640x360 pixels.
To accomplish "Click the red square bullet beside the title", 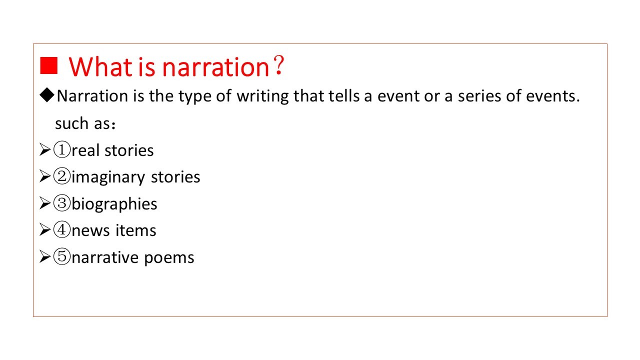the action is pyautogui.click(x=49, y=65).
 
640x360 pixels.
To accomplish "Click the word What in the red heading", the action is pyautogui.click(x=100, y=67).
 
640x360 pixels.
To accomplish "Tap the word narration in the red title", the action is pyautogui.click(x=216, y=67).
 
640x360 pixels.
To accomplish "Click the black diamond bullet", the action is pyautogui.click(x=47, y=95).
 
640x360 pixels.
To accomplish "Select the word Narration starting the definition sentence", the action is pyautogui.click(x=92, y=96).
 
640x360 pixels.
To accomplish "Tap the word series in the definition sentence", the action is pyautogui.click(x=479, y=96).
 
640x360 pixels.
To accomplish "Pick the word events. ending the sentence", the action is pyautogui.click(x=553, y=96).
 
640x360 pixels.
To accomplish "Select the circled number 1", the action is pyautogui.click(x=61, y=149).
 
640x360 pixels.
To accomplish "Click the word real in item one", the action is pyautogui.click(x=85, y=150).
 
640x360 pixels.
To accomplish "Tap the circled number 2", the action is pyautogui.click(x=61, y=176).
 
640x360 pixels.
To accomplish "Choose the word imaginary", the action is pyautogui.click(x=108, y=177).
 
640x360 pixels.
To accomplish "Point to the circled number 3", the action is pyautogui.click(x=61, y=203).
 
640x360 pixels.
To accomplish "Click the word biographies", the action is pyautogui.click(x=114, y=204).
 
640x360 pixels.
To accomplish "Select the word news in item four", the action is pyautogui.click(x=90, y=230).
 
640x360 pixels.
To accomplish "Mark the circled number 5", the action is pyautogui.click(x=61, y=256).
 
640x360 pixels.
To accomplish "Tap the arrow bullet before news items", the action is pyautogui.click(x=45, y=229).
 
